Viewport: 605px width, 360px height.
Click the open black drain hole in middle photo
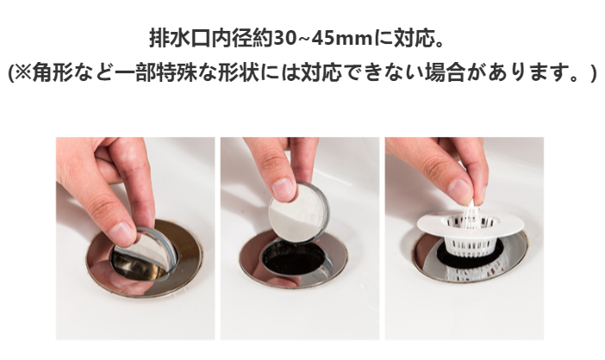tap(297, 258)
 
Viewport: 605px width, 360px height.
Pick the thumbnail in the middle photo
tap(283, 185)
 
